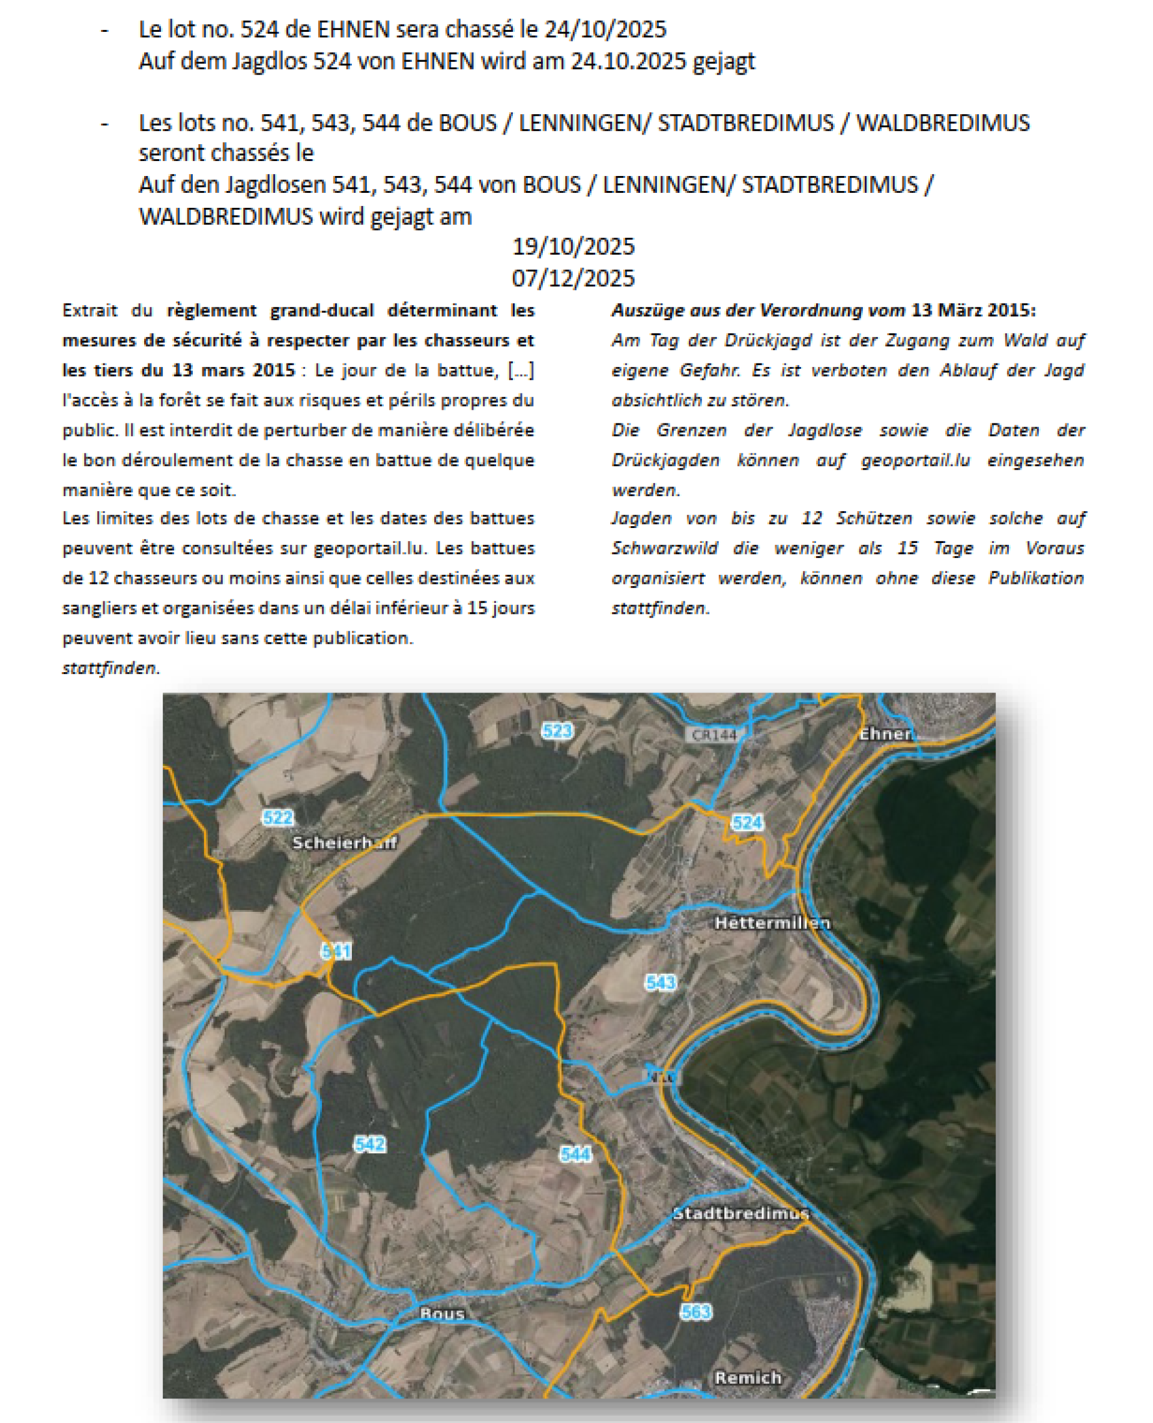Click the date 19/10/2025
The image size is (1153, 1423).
pos(572,246)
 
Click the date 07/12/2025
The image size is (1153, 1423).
pos(572,278)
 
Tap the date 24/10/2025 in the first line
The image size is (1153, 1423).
pos(605,29)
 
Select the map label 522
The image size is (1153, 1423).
pos(277,817)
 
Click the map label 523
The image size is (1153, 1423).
pos(557,731)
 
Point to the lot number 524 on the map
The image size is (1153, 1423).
pos(746,822)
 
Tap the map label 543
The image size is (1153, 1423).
pos(660,982)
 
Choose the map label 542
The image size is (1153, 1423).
pos(369,1143)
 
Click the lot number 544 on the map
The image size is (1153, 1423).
pos(575,1154)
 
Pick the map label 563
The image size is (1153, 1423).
pos(695,1311)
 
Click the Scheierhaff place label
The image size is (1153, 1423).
pos(344,842)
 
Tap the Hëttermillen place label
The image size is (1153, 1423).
pos(772,923)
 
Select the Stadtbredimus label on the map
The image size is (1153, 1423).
pos(740,1214)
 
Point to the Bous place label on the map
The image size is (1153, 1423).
pos(443,1314)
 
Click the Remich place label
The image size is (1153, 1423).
pos(748,1378)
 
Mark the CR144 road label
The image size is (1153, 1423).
pos(713,735)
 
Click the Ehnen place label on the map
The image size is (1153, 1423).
pos(886,734)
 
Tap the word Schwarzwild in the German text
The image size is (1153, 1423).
pos(664,548)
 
